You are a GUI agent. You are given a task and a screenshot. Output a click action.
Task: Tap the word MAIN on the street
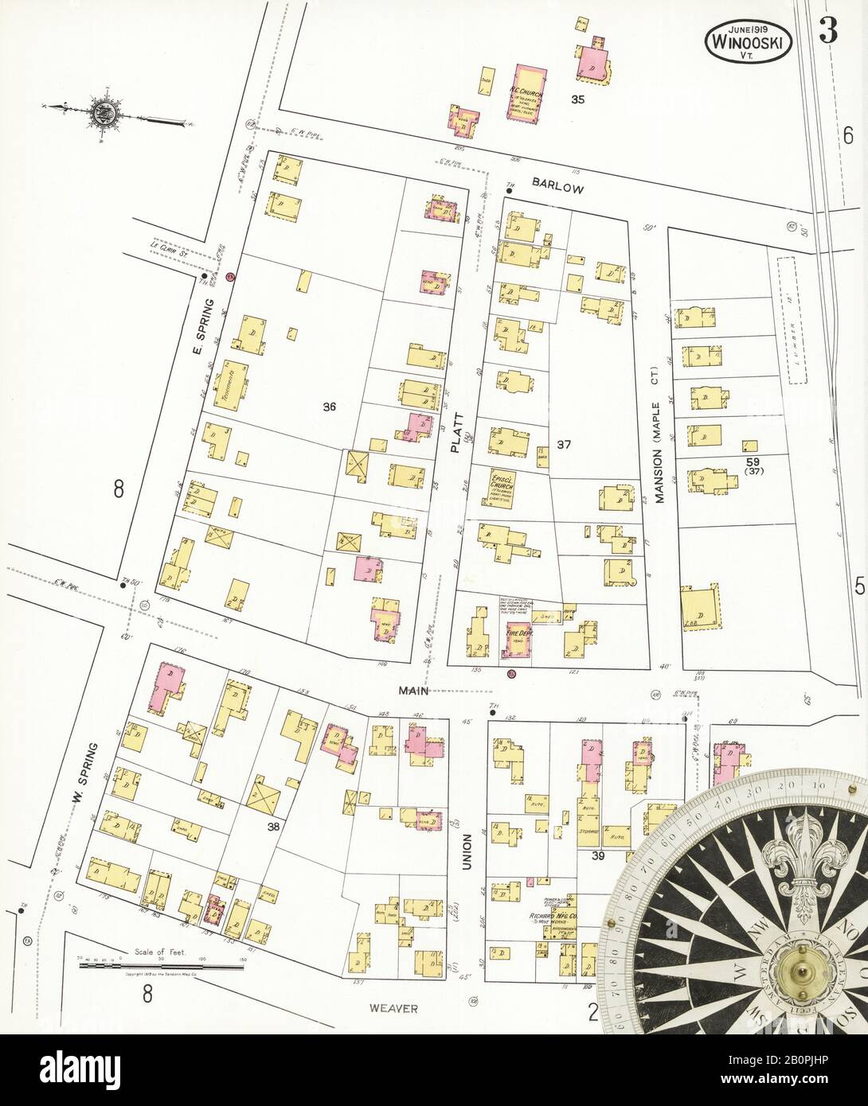tap(414, 691)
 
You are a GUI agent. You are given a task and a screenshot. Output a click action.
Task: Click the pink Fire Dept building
tap(517, 641)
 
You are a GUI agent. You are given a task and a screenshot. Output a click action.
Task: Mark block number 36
tap(329, 407)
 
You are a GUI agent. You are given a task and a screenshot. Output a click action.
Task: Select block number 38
tap(273, 826)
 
